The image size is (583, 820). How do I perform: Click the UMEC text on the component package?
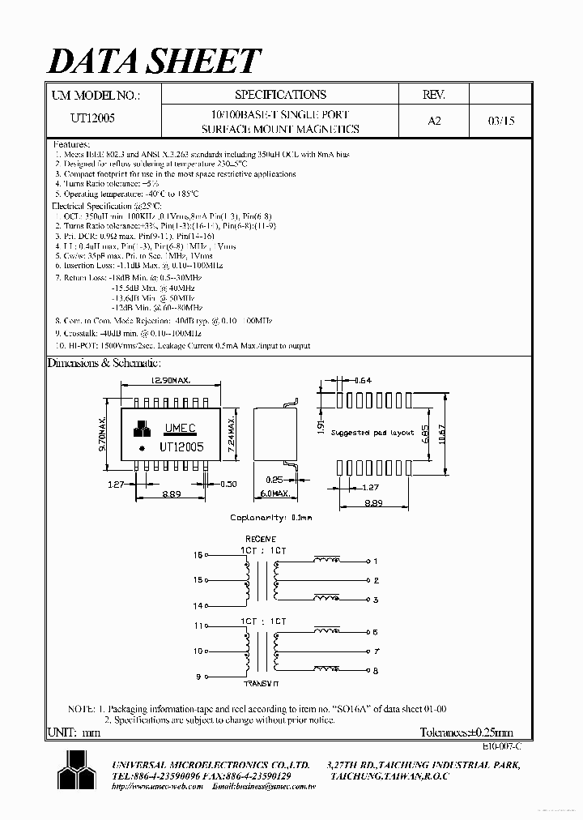pyautogui.click(x=179, y=428)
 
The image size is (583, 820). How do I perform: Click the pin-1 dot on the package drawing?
pyautogui.click(x=143, y=448)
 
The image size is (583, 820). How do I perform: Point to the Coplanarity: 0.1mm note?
pyautogui.click(x=271, y=517)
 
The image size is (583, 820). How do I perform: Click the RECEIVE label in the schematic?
pyautogui.click(x=260, y=539)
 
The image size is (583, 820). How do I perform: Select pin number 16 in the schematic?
pyautogui.click(x=198, y=556)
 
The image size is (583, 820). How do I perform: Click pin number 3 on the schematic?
pyautogui.click(x=376, y=600)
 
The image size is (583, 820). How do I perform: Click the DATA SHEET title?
pyautogui.click(x=155, y=62)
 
